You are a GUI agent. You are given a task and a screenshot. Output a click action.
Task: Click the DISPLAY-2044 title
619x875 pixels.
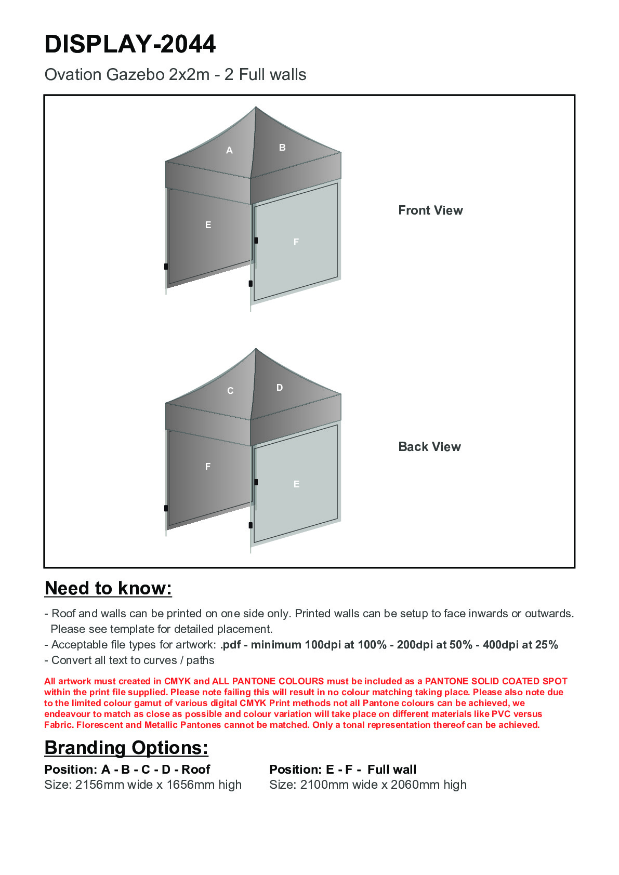(130, 44)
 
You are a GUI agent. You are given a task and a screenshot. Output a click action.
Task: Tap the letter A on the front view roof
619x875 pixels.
(229, 151)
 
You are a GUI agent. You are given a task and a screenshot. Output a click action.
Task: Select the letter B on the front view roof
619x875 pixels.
(282, 148)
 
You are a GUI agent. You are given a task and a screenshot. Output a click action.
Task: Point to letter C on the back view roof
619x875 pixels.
(230, 391)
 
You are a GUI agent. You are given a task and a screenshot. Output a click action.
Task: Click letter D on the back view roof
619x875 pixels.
(280, 388)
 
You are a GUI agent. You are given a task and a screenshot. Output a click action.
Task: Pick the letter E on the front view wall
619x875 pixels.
(208, 225)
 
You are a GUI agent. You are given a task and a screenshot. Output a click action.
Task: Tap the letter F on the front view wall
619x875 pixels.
(296, 242)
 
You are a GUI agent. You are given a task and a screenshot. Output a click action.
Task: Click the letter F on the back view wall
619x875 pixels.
(208, 467)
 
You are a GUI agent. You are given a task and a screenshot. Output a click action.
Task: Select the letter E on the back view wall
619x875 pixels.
(296, 484)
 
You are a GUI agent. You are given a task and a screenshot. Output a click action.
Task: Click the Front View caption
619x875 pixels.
(430, 210)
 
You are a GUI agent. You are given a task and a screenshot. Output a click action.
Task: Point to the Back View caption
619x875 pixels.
(429, 447)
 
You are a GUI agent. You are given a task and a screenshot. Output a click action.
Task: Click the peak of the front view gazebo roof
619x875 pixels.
(256, 108)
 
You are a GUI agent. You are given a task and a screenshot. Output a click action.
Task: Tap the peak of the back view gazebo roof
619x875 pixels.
(256, 349)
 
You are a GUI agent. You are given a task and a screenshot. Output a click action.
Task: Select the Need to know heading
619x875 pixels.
(108, 588)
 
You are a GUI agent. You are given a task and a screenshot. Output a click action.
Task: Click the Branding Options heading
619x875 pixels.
(126, 748)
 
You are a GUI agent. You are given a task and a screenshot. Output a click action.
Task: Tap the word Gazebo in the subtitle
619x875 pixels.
(136, 75)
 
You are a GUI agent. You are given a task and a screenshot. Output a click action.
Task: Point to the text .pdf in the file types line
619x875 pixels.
(230, 645)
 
